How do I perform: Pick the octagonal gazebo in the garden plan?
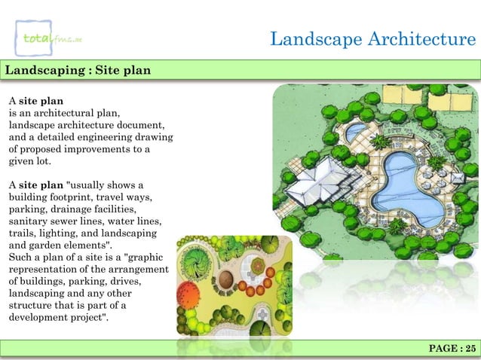(260, 313)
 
